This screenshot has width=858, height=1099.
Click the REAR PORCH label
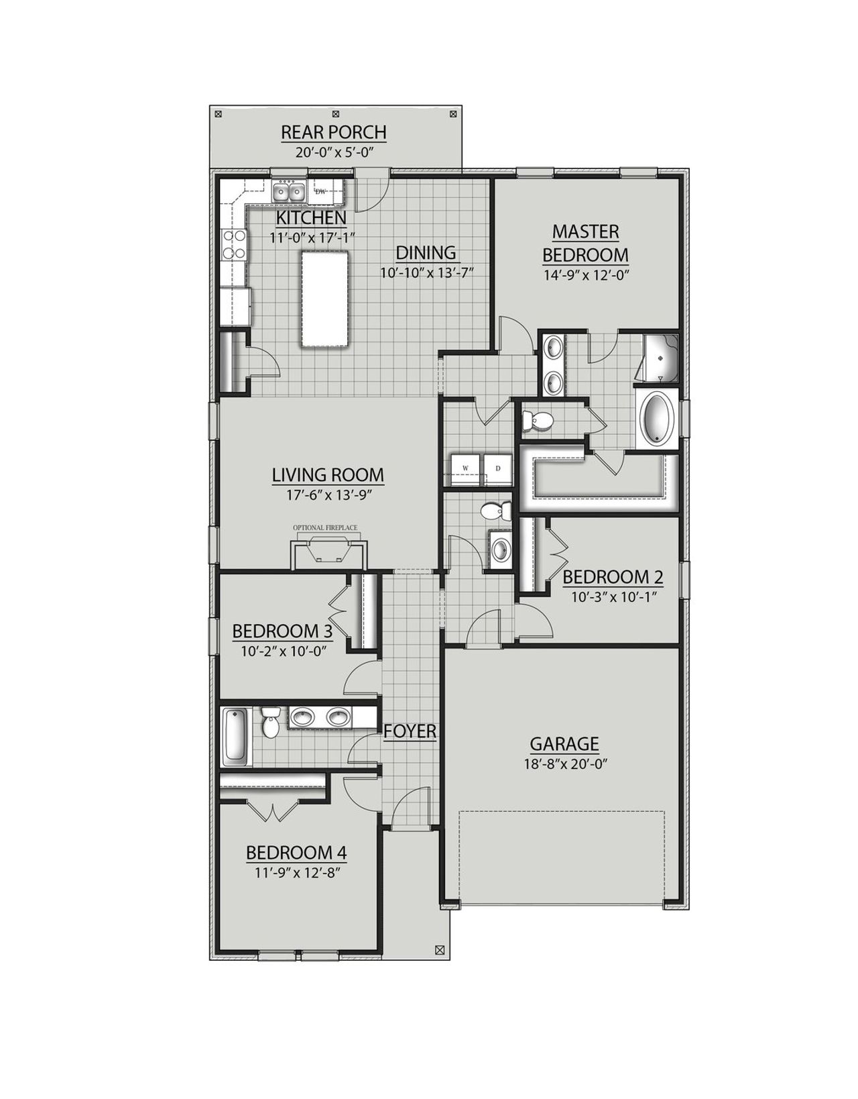pos(333,132)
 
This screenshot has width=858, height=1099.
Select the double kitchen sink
pos(289,193)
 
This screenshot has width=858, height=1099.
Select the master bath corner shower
pos(661,358)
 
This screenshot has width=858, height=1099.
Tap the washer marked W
pos(463,467)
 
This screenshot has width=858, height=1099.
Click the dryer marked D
pos(497,467)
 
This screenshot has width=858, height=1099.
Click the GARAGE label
pos(564,743)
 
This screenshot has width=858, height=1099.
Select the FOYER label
pos(410,732)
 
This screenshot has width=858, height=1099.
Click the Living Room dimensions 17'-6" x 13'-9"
pos(328,494)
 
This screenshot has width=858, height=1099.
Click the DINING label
pos(426,253)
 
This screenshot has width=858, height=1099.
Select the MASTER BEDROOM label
pos(585,243)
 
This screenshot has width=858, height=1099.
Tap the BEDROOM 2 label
pos(613,577)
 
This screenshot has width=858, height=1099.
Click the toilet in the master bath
pos(538,420)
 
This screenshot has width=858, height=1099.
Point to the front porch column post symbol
pos(440,949)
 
